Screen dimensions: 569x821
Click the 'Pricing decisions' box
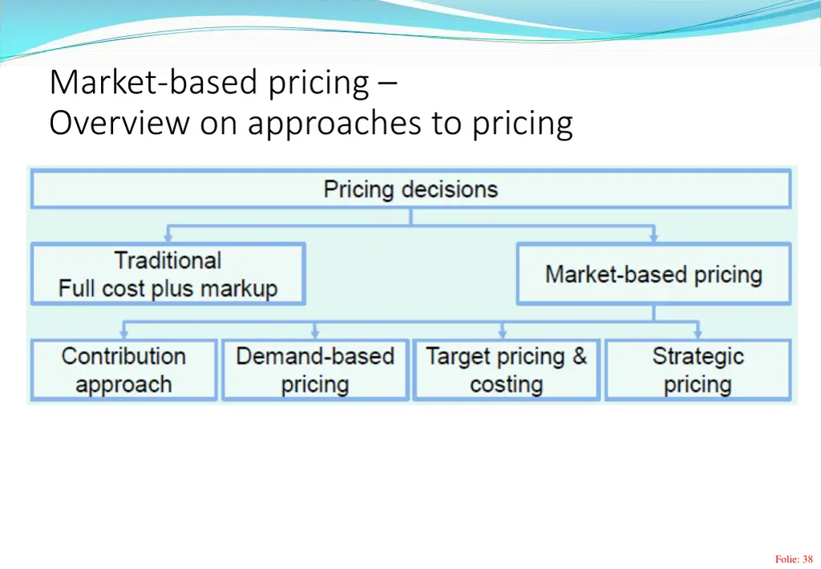pos(410,189)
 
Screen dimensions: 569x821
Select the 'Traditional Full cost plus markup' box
pos(168,274)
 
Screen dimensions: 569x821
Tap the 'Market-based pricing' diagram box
pos(653,274)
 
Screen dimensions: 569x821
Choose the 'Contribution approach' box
pos(123,370)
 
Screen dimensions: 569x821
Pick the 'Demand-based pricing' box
pos(315,370)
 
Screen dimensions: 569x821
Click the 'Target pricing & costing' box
pos(506,370)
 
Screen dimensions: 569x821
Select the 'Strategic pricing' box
pos(698,370)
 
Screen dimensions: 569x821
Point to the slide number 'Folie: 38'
pos(794,559)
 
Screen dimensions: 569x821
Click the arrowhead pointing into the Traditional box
pos(168,238)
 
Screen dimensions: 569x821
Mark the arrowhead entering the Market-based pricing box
pos(653,238)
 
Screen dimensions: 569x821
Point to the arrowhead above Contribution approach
pos(123,333)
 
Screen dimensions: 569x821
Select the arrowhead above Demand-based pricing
pos(315,333)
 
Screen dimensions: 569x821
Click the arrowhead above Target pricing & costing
pos(503,333)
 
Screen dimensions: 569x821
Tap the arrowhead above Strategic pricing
pos(698,333)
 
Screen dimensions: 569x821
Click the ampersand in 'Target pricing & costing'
pos(579,356)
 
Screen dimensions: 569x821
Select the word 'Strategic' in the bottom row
pos(698,356)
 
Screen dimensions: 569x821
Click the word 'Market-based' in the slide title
pos(136,83)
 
